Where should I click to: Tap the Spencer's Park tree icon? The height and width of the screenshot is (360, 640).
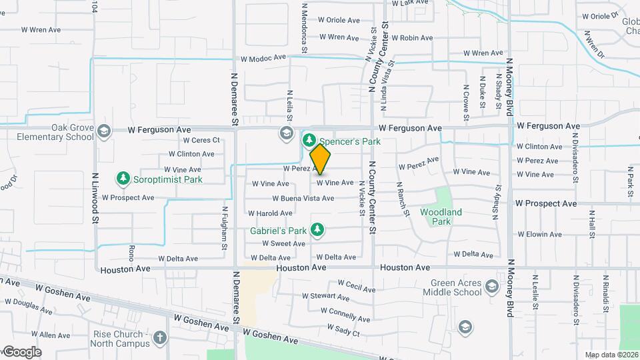point(309,141)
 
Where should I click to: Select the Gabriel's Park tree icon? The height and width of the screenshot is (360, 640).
point(318,231)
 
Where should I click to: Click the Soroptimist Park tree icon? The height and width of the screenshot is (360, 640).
point(123,179)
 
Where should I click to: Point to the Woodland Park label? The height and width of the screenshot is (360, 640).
point(441,217)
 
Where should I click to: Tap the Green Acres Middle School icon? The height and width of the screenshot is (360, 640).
point(491,287)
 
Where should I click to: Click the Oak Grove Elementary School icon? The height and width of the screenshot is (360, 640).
point(103,131)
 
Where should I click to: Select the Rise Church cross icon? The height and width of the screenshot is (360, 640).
point(159,337)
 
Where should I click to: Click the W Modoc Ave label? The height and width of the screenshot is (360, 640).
point(263,59)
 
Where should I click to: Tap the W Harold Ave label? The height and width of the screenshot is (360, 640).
point(270,213)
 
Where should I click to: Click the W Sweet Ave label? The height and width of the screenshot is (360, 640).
point(283,244)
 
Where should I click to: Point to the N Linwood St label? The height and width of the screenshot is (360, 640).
point(95,199)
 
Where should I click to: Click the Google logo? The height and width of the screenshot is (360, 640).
point(21,352)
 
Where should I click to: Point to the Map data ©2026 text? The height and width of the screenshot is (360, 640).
point(611,355)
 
